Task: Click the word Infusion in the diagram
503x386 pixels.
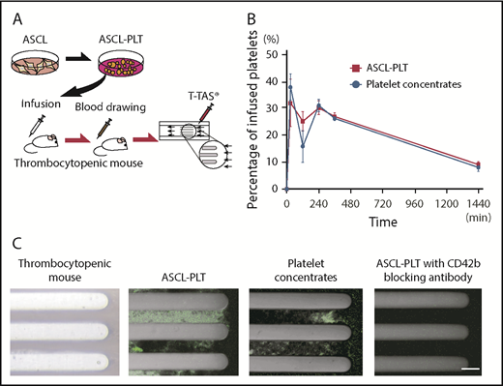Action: tap(41, 102)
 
